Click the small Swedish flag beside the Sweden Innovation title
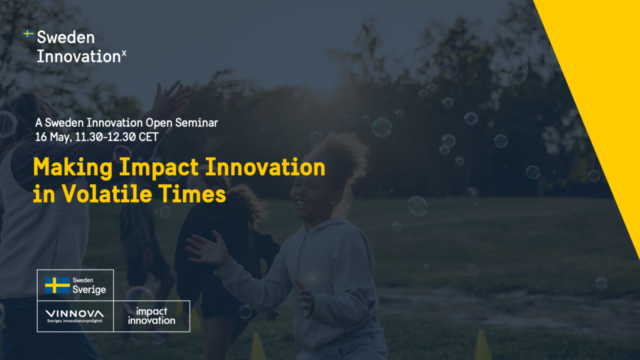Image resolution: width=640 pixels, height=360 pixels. (28, 33)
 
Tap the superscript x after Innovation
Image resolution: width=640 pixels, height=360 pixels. (124, 53)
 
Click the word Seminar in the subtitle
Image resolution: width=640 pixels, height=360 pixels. (196, 122)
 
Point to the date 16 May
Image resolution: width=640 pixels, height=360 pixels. (52, 137)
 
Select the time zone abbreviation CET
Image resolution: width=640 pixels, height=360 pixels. (148, 137)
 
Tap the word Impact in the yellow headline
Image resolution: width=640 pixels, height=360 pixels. (159, 168)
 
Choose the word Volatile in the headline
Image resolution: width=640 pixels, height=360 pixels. (107, 193)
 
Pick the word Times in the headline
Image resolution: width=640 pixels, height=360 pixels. (192, 193)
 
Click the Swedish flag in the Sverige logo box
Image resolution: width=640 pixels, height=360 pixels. (57, 285)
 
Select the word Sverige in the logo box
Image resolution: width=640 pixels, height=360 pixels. (89, 289)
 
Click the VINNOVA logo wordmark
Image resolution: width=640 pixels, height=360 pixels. (75, 313)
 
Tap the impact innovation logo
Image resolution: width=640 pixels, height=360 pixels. (151, 316)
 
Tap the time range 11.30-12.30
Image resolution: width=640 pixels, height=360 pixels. (105, 137)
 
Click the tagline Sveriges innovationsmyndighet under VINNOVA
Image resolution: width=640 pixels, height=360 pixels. (75, 321)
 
